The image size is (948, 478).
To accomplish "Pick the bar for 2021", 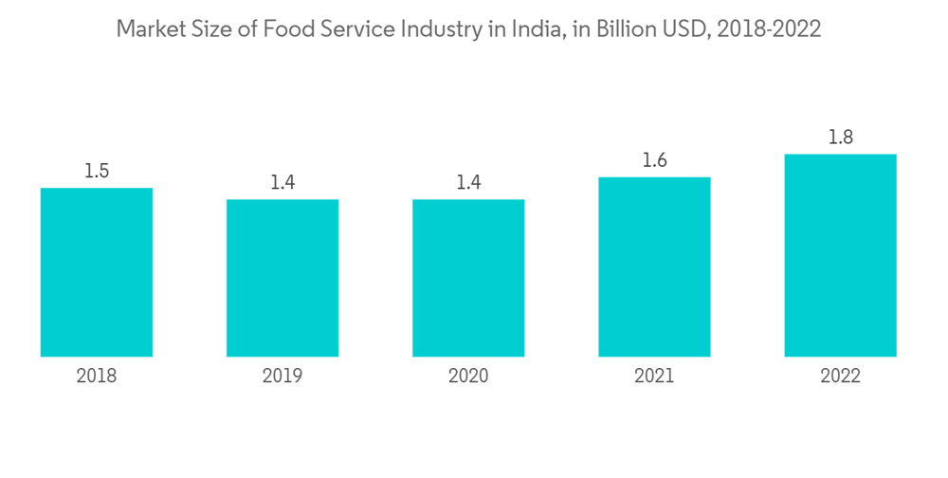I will pyautogui.click(x=654, y=267).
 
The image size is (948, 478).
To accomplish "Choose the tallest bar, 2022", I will pyautogui.click(x=840, y=255).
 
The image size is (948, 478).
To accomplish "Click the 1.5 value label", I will pyautogui.click(x=97, y=172).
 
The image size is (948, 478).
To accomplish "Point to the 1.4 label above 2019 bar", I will pyautogui.click(x=283, y=183).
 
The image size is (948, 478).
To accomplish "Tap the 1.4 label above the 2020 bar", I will pyautogui.click(x=468, y=183).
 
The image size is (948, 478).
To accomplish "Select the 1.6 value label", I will pyautogui.click(x=654, y=160).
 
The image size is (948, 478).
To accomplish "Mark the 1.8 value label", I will pyautogui.click(x=840, y=138).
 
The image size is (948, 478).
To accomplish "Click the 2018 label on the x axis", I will pyautogui.click(x=97, y=377).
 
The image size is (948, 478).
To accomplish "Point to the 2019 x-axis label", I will pyautogui.click(x=283, y=377).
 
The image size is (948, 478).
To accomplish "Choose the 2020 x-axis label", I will pyautogui.click(x=468, y=377).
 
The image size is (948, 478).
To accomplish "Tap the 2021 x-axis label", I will pyautogui.click(x=654, y=377).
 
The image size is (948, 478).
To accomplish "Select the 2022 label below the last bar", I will pyautogui.click(x=840, y=377).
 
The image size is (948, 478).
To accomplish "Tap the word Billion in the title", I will pyautogui.click(x=629, y=30).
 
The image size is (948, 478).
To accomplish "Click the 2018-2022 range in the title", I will pyautogui.click(x=769, y=30).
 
